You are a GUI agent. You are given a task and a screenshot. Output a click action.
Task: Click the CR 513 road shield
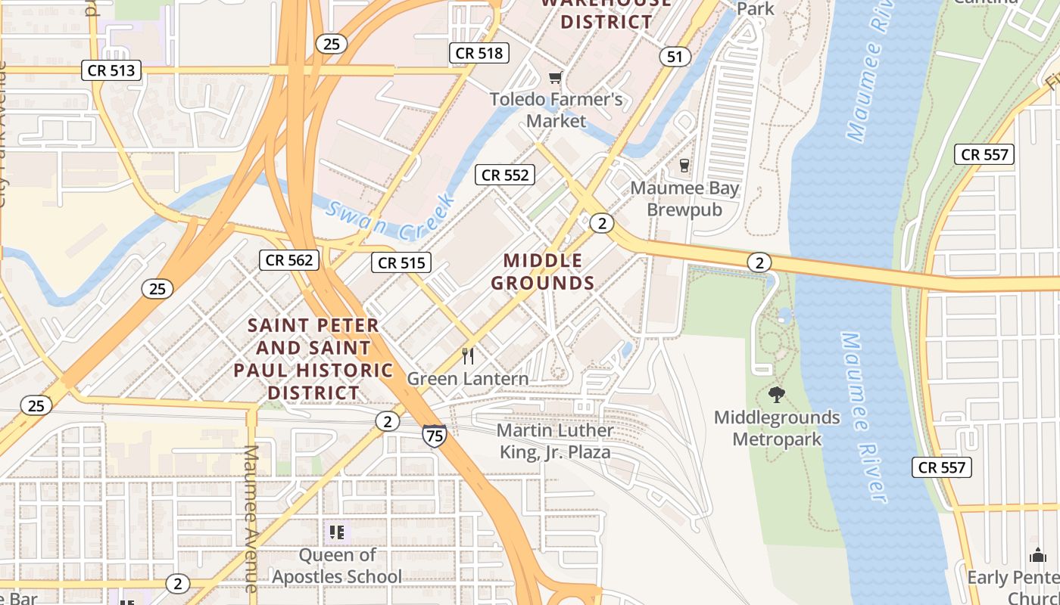(x=111, y=71)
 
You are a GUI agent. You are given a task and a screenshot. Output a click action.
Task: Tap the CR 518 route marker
(x=479, y=53)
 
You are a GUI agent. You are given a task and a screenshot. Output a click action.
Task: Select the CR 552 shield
(x=505, y=175)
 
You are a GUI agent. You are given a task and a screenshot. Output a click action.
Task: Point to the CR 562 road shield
(x=289, y=260)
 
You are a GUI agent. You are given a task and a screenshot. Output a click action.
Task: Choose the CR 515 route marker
(x=401, y=262)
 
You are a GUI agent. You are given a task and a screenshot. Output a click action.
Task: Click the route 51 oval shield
(x=674, y=57)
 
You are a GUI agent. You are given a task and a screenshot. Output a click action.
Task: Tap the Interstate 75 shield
(x=435, y=435)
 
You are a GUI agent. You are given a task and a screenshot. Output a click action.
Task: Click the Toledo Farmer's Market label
(x=556, y=110)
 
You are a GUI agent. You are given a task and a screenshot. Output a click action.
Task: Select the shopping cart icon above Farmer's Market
(x=556, y=77)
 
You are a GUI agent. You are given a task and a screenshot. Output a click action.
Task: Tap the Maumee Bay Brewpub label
(x=684, y=198)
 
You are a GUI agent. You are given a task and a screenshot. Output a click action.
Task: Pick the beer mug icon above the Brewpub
(x=684, y=165)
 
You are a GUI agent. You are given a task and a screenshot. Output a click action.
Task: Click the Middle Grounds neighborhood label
(x=543, y=272)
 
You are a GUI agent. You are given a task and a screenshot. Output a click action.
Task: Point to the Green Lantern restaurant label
(x=468, y=378)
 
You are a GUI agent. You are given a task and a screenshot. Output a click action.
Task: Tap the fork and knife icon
(x=468, y=355)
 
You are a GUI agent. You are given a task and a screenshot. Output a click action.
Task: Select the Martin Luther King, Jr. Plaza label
(x=555, y=442)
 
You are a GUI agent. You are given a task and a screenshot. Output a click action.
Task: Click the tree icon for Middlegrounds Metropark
(x=776, y=394)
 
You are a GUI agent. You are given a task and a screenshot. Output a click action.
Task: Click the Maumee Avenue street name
(x=251, y=518)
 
